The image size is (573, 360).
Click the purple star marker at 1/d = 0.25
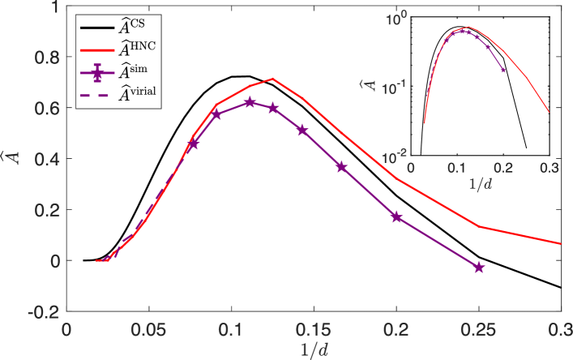(x=479, y=267)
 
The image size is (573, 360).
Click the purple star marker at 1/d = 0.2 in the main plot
(x=396, y=216)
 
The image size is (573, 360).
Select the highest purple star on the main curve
(x=250, y=102)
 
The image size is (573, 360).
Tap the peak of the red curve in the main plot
(x=273, y=79)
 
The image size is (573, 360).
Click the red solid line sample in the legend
(x=98, y=50)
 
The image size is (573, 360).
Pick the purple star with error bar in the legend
(x=98, y=74)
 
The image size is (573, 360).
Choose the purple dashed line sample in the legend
(x=98, y=96)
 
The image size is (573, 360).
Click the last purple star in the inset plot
(x=503, y=71)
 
